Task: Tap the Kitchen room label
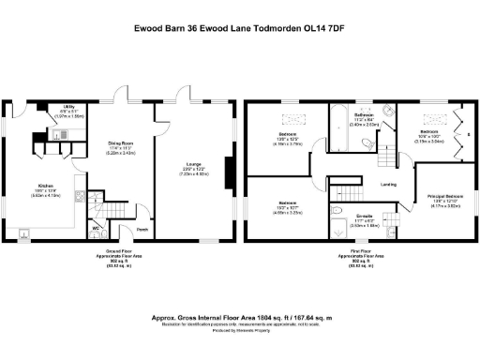(48, 187)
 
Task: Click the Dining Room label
(124, 148)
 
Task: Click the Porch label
(142, 230)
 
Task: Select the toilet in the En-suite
(394, 231)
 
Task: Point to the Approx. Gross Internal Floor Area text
(239, 318)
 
